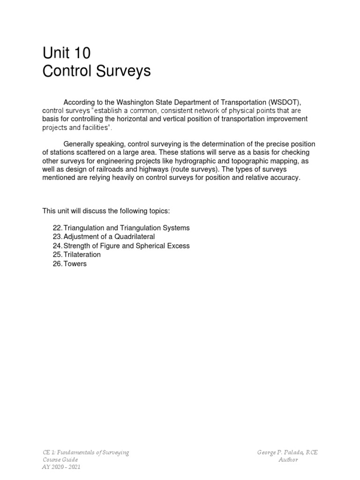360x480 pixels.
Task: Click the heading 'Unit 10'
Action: (x=67, y=53)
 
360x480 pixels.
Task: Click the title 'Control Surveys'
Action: (x=97, y=71)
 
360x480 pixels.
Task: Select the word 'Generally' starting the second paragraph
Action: (x=78, y=144)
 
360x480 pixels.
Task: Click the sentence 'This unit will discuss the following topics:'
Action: (x=103, y=211)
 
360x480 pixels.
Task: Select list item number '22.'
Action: (x=57, y=228)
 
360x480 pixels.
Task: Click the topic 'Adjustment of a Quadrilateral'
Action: (x=109, y=237)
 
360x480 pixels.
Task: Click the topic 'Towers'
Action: (x=75, y=263)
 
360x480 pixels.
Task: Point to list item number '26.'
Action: (x=57, y=263)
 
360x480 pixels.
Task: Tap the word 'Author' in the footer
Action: (x=288, y=459)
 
